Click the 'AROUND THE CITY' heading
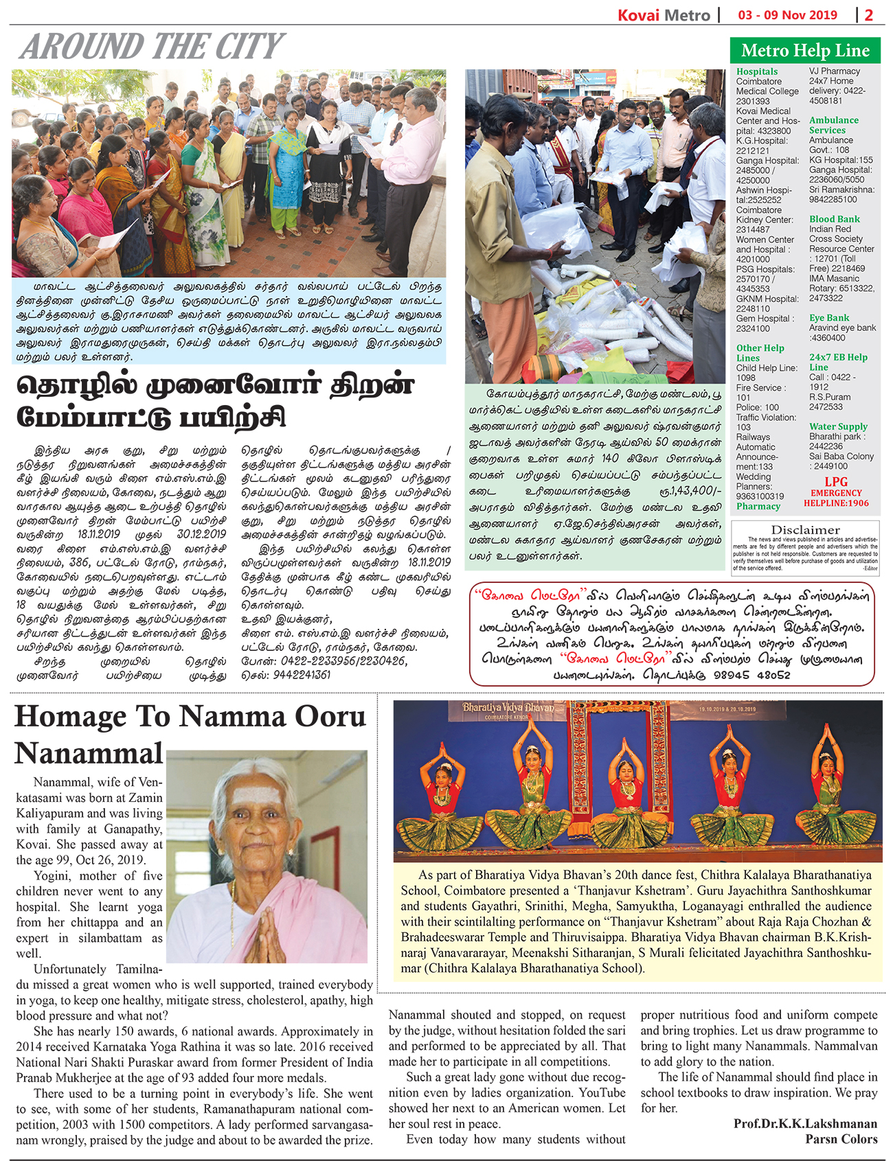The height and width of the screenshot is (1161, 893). click(x=152, y=47)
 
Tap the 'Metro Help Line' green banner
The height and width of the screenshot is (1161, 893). click(x=805, y=51)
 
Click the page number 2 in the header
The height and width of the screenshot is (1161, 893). click(x=869, y=14)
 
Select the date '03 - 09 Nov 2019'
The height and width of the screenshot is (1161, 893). click(x=787, y=14)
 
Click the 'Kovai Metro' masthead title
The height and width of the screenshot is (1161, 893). click(x=663, y=14)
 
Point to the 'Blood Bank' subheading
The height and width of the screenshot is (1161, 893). click(x=834, y=219)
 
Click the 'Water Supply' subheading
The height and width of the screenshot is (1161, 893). click(x=838, y=426)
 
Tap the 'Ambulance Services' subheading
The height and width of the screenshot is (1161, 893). click(x=833, y=125)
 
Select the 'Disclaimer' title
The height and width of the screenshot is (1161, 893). click(x=805, y=530)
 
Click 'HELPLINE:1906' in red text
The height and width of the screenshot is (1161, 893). click(x=836, y=503)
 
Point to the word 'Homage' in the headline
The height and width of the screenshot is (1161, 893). click(x=69, y=717)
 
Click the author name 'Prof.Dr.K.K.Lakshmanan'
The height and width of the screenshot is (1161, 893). click(x=805, y=1123)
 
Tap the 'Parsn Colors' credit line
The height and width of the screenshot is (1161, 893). click(x=841, y=1139)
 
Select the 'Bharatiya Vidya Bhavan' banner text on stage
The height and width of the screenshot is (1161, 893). click(x=508, y=707)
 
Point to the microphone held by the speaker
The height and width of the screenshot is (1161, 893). click(x=396, y=130)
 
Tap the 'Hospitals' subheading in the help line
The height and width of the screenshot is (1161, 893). click(x=756, y=71)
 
